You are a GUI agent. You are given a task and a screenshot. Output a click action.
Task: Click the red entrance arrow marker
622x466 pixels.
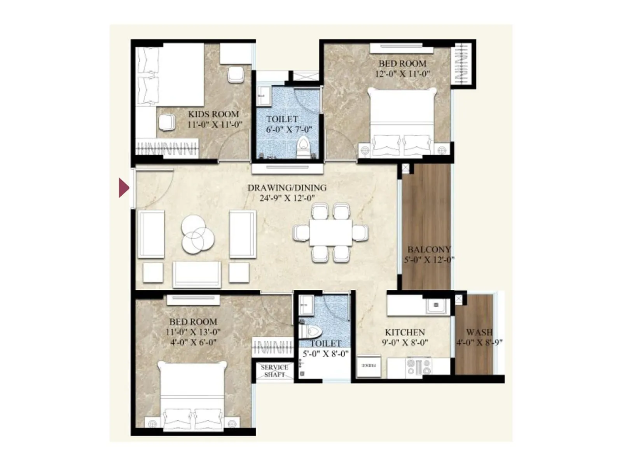click(x=124, y=188)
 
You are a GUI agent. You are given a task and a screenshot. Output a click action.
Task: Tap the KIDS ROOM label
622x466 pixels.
click(x=213, y=114)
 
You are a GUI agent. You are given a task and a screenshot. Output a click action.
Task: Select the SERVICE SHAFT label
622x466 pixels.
click(x=274, y=371)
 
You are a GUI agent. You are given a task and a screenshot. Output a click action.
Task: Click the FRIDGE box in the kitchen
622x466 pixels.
click(x=369, y=366)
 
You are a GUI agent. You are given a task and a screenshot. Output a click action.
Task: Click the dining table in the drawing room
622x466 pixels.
click(x=331, y=233)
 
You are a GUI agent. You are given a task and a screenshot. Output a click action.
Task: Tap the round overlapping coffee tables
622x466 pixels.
click(x=197, y=235)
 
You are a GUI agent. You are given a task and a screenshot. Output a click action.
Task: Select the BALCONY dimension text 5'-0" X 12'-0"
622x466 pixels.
click(x=429, y=260)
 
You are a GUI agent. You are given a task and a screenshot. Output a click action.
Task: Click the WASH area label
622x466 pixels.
click(x=479, y=332)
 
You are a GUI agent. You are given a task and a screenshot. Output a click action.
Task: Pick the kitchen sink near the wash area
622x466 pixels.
click(x=436, y=306)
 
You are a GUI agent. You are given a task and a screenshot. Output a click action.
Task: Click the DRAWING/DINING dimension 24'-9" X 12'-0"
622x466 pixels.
click(x=287, y=198)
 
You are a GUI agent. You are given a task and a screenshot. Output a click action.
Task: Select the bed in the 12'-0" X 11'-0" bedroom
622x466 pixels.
click(x=402, y=122)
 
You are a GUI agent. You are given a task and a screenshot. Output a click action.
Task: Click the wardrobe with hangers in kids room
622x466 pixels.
click(x=167, y=148)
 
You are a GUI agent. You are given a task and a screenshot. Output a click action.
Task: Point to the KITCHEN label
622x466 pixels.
click(x=405, y=332)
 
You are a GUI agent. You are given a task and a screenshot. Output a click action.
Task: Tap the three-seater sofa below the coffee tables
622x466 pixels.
click(x=197, y=274)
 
